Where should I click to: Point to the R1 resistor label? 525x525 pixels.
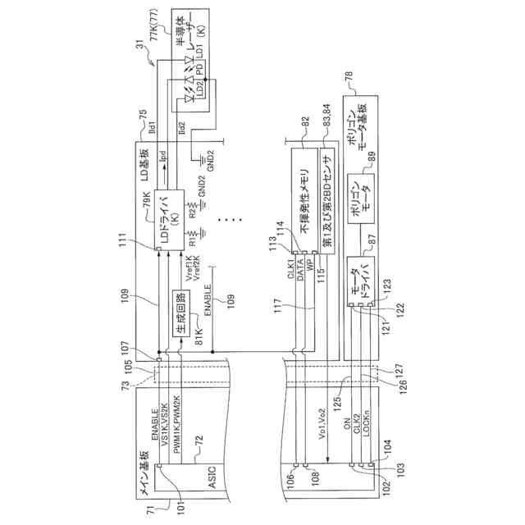click(x=192, y=243)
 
